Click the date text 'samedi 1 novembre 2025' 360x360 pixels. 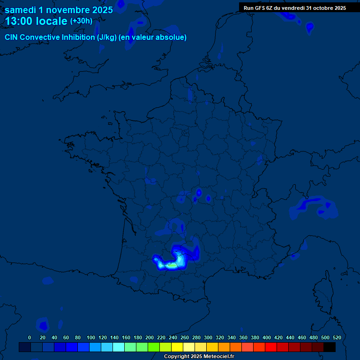pyautogui.click(x=59, y=10)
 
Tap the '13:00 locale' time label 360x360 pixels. pyautogui.click(x=36, y=21)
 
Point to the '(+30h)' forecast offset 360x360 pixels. pyautogui.click(x=81, y=21)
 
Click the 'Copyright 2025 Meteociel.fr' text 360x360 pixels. pyautogui.click(x=199, y=356)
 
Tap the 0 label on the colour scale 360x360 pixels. pyautogui.click(x=30, y=337)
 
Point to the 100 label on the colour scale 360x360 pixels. pyautogui.click(x=91, y=337)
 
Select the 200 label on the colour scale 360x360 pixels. pyautogui.click(x=150, y=337)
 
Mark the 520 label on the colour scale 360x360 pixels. pyautogui.click(x=337, y=337)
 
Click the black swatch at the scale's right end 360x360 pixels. pyautogui.click(x=330, y=347)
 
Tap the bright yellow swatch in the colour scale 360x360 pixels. pyautogui.click(x=177, y=347)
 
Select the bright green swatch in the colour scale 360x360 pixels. pyautogui.click(x=153, y=347)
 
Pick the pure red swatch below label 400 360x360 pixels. pyautogui.click(x=270, y=347)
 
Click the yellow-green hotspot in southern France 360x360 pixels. pyautogui.click(x=172, y=265)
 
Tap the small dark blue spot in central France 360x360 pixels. pyautogui.click(x=199, y=192)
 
